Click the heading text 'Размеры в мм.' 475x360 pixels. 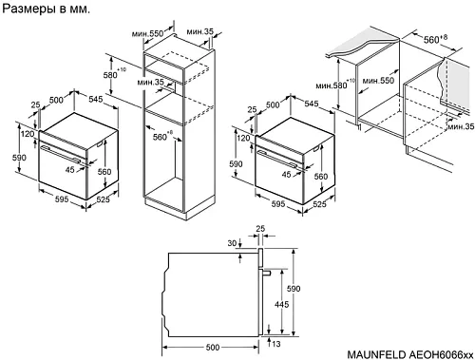click(47, 9)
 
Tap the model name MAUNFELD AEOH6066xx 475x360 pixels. click(410, 353)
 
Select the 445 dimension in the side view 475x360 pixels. click(281, 304)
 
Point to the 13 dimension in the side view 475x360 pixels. click(276, 344)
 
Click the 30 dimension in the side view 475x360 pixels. click(232, 243)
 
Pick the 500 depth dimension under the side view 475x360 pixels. click(213, 348)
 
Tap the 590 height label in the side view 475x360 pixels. click(294, 289)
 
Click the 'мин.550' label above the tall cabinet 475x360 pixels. click(147, 33)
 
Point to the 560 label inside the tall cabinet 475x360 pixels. click(160, 137)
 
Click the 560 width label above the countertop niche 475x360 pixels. click(431, 40)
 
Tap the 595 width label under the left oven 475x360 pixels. click(62, 199)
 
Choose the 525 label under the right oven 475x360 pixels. click(319, 204)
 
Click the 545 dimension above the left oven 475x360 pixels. click(96, 99)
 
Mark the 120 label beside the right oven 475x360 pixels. click(243, 138)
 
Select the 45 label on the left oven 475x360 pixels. click(70, 170)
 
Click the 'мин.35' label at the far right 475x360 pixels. click(461, 126)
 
